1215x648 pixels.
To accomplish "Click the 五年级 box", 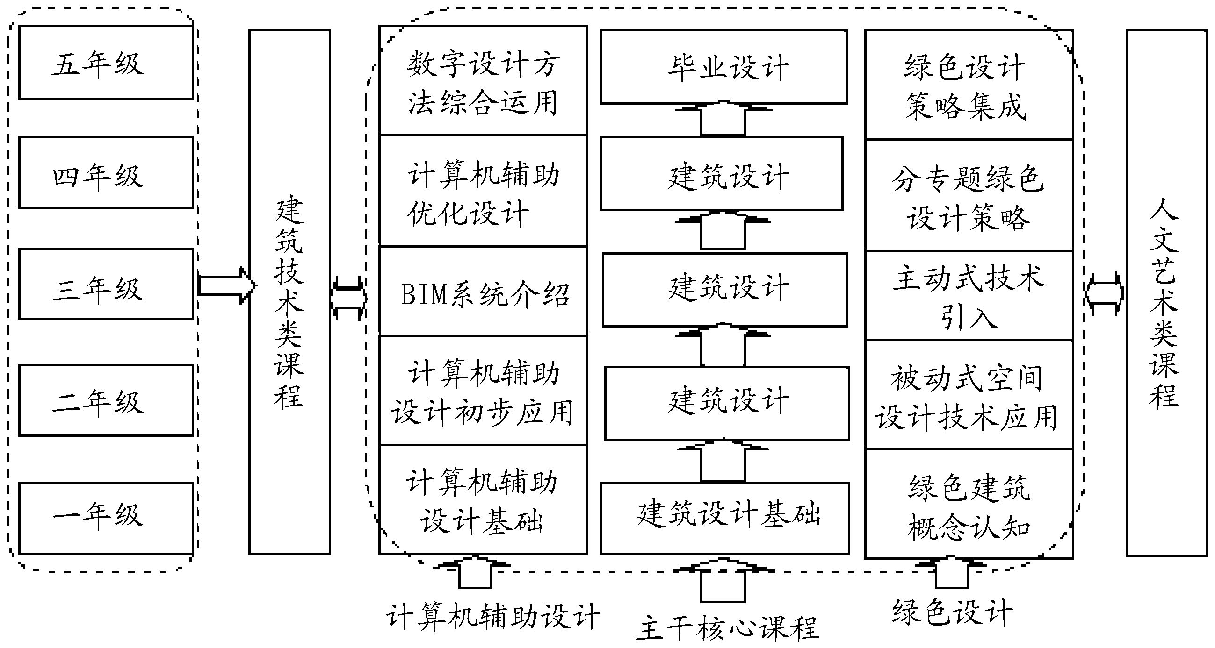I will [x=106, y=63].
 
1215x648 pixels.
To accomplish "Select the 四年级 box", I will [x=106, y=173].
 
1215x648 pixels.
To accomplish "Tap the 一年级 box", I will [x=106, y=518].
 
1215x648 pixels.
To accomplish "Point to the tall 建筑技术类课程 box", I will [x=289, y=292].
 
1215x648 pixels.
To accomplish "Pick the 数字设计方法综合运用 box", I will [x=483, y=81].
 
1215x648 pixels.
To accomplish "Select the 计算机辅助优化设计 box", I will [x=483, y=191].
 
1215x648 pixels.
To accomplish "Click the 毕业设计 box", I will [x=723, y=67].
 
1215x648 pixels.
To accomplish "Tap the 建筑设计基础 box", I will [x=724, y=518].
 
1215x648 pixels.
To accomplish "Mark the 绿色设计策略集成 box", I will [x=969, y=85].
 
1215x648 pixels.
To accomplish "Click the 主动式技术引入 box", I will [x=969, y=295].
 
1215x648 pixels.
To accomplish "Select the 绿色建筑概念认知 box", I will [x=969, y=504].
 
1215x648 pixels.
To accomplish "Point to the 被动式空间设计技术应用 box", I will [x=969, y=395].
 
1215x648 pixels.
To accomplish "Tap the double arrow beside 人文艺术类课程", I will [x=1104, y=293].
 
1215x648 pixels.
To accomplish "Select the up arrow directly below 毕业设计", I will [x=723, y=119].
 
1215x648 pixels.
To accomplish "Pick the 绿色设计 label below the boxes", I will [x=952, y=612].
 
